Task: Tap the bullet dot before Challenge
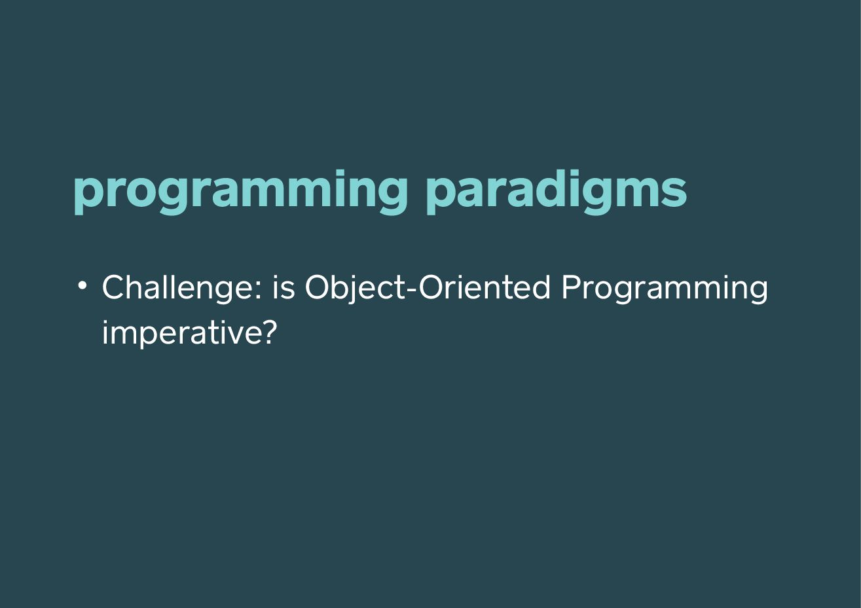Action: [x=82, y=285]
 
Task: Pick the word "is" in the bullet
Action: [x=284, y=287]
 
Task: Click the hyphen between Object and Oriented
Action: [x=412, y=291]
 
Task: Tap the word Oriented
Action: [x=485, y=287]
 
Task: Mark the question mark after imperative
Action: [x=269, y=332]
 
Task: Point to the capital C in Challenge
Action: [x=114, y=287]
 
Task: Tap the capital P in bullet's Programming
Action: [x=572, y=287]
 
